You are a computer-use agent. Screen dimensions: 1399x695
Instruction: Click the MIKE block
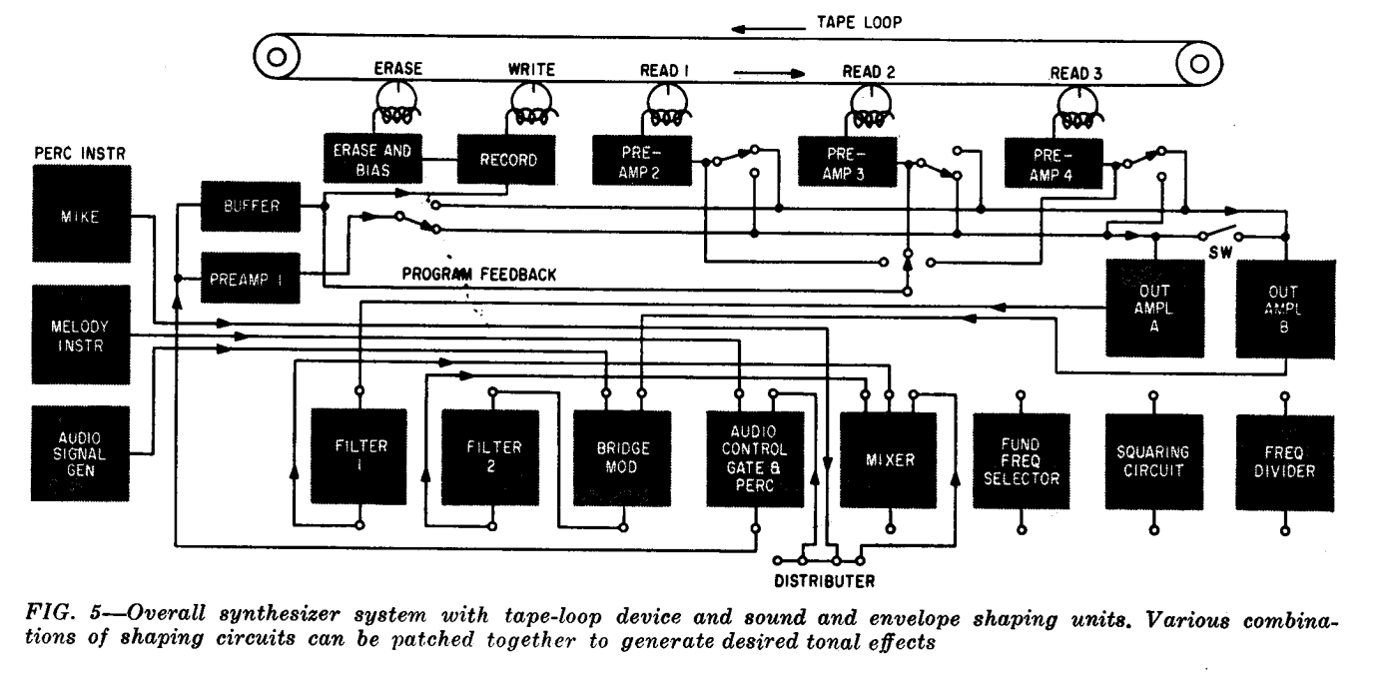pos(82,214)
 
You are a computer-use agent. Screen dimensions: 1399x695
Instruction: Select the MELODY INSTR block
pos(81,335)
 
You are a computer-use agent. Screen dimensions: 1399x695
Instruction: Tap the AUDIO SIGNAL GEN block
pos(80,453)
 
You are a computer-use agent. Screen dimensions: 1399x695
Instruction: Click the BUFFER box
pos(251,206)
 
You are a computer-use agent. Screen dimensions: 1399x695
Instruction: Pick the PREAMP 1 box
pos(251,278)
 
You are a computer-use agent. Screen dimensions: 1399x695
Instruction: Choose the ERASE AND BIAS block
pos(372,159)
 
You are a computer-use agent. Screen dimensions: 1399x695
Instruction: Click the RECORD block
pos(506,159)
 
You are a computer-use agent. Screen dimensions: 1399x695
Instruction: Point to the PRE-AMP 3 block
pos(848,163)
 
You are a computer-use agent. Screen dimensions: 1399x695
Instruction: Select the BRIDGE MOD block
pos(622,458)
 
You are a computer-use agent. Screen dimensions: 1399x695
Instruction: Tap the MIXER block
pos(888,460)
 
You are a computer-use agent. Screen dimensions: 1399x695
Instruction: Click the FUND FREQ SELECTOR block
pos(1022,461)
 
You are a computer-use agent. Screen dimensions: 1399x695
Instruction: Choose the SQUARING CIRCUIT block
pos(1154,462)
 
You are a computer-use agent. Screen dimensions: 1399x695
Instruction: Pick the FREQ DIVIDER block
pos(1285,463)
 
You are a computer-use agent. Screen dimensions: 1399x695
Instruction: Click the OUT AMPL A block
pos(1154,309)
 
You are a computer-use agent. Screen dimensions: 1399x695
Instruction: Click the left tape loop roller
pos(277,57)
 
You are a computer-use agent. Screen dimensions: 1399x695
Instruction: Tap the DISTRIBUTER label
pos(825,581)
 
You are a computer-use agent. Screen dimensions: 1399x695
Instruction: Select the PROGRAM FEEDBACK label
pos(479,275)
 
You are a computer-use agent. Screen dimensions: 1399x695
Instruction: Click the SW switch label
pos(1220,253)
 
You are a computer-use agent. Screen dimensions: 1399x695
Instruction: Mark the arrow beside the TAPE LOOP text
pos(768,29)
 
